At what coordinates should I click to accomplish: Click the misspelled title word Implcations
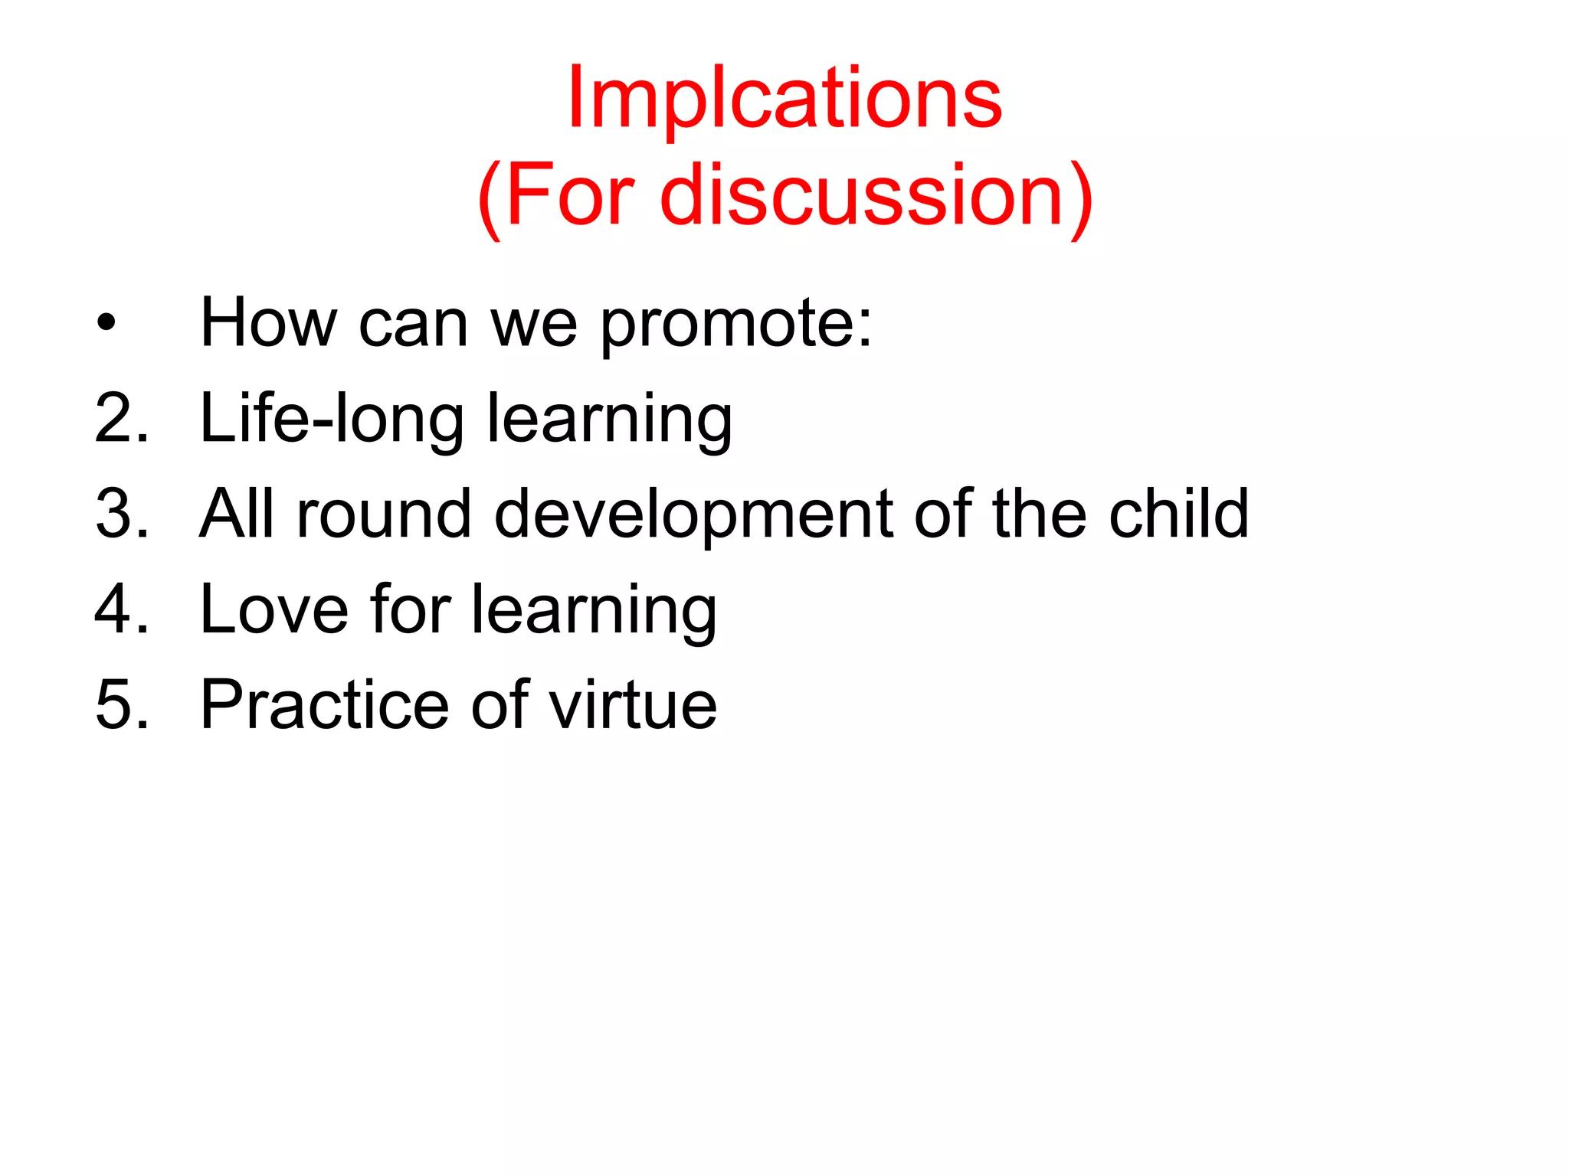pyautogui.click(x=784, y=100)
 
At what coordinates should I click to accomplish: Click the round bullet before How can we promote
pyautogui.click(x=106, y=323)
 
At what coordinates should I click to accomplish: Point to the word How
pyautogui.click(x=268, y=323)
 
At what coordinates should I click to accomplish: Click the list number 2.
pyautogui.click(x=121, y=418)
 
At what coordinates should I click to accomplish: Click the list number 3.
pyautogui.click(x=121, y=514)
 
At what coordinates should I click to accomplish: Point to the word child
pyautogui.click(x=1179, y=514)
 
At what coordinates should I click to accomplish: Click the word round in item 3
pyautogui.click(x=383, y=514)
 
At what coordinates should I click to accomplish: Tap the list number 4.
pyautogui.click(x=121, y=609)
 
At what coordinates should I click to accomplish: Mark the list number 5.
pyautogui.click(x=121, y=704)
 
